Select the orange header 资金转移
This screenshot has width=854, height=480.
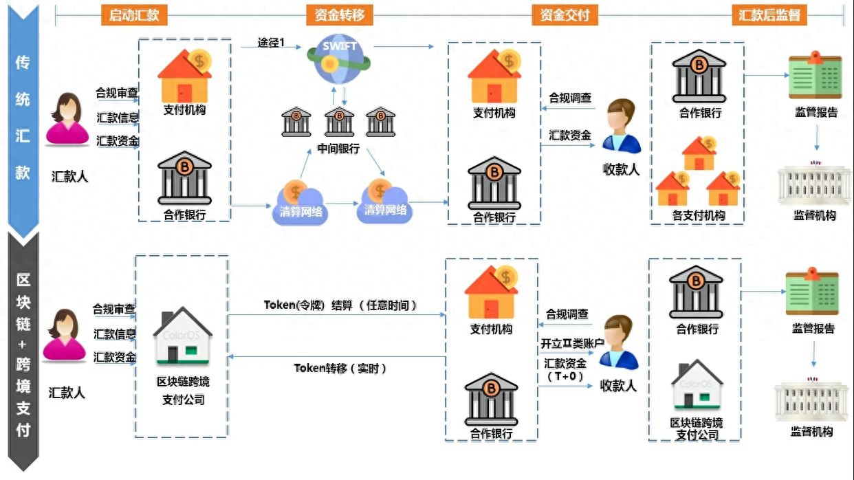click(x=339, y=15)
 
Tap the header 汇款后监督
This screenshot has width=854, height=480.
click(x=769, y=15)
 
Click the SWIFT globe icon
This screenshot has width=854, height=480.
click(x=339, y=59)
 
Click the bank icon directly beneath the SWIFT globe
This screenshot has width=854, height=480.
click(x=338, y=122)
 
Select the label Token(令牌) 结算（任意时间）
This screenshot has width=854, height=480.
click(x=341, y=305)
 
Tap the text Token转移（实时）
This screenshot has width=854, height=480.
click(x=340, y=369)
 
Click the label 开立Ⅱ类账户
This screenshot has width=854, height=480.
click(x=572, y=343)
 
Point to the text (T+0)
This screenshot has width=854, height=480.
click(x=565, y=376)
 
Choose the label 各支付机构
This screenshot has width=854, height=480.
click(x=698, y=215)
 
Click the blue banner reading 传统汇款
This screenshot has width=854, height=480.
click(x=23, y=117)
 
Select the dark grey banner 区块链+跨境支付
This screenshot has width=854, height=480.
click(x=23, y=354)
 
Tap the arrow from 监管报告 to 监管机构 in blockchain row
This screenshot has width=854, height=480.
click(x=813, y=352)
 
